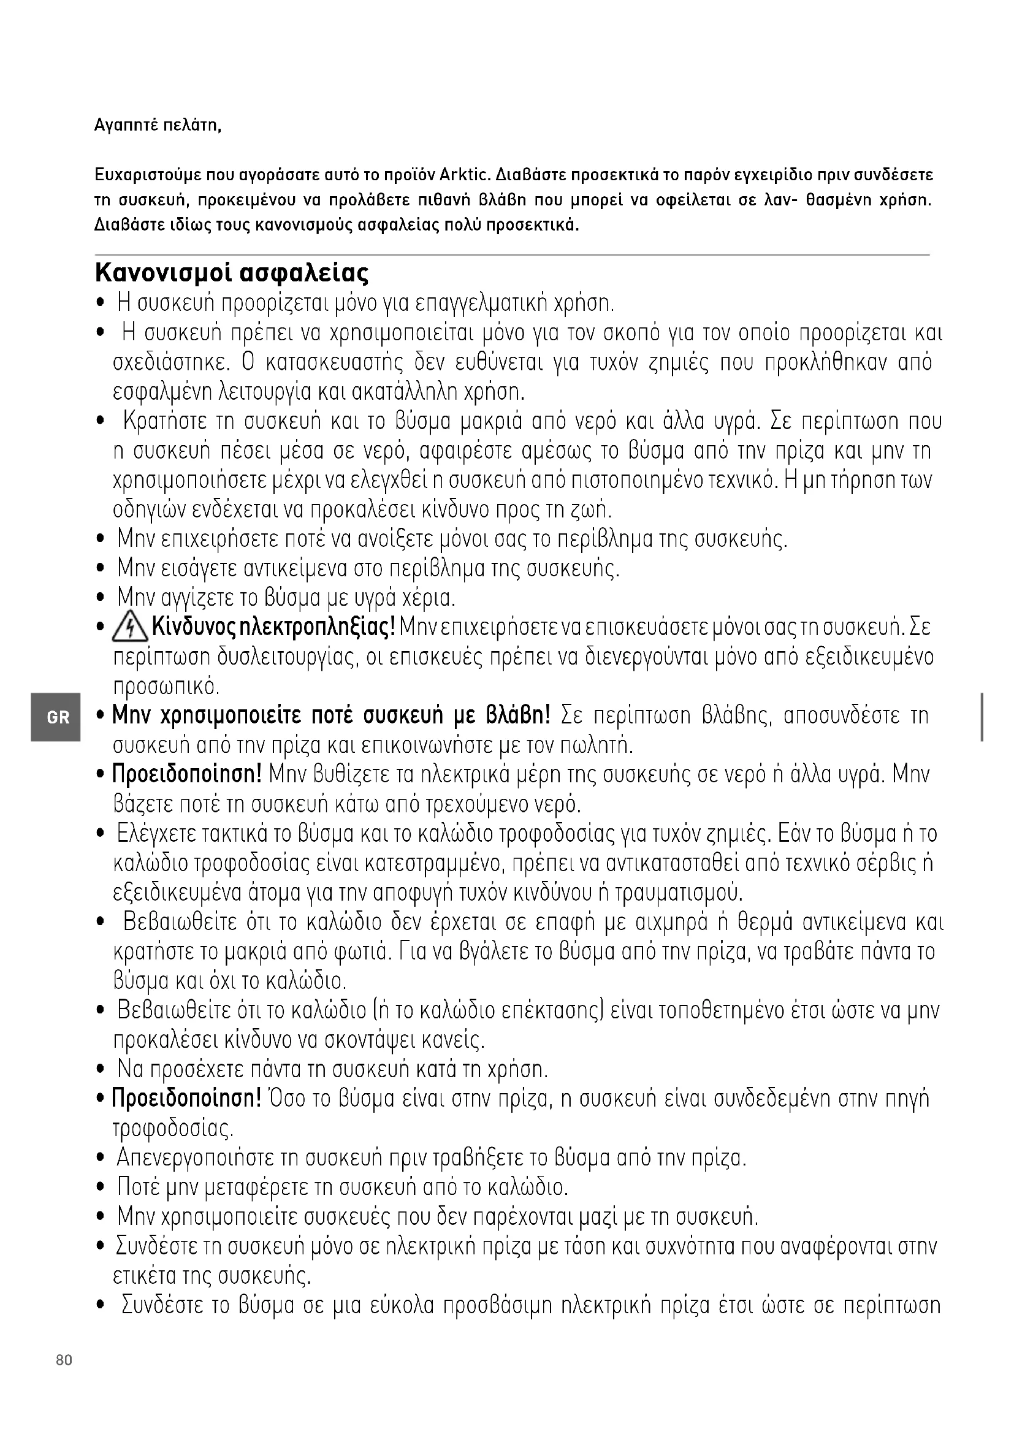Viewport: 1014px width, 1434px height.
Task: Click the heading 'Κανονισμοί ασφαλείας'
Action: point(232,273)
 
